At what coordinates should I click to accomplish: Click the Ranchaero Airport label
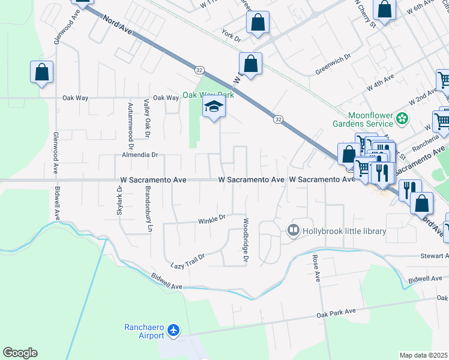[144, 331]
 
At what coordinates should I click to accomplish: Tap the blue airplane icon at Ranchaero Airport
[174, 330]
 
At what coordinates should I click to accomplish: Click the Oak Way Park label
[208, 95]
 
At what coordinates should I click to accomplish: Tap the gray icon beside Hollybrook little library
[294, 230]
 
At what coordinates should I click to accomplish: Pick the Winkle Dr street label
[211, 220]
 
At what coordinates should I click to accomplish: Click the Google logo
[20, 353]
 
